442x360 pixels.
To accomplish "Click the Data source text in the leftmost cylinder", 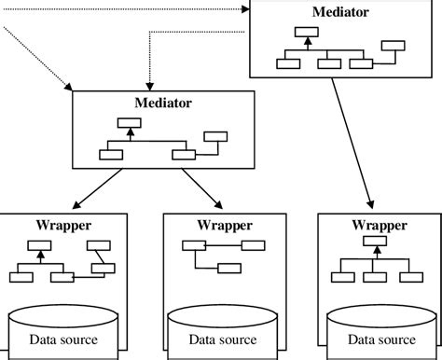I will click(x=63, y=339).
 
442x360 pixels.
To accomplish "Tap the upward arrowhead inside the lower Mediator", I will click(x=131, y=135).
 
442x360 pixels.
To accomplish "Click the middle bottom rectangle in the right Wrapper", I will click(x=375, y=275).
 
